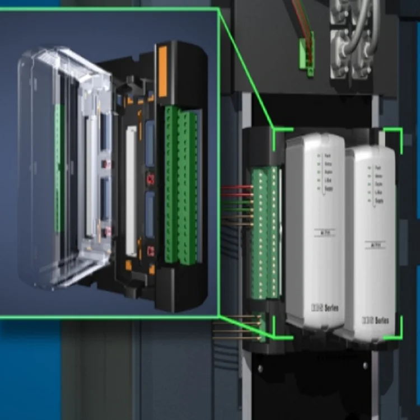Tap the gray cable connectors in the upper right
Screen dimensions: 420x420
click(x=353, y=39)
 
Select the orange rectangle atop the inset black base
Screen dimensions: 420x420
click(x=163, y=71)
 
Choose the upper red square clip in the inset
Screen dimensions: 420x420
click(x=150, y=179)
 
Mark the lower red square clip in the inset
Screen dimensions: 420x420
click(x=150, y=250)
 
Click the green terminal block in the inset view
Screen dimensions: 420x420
click(x=181, y=185)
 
